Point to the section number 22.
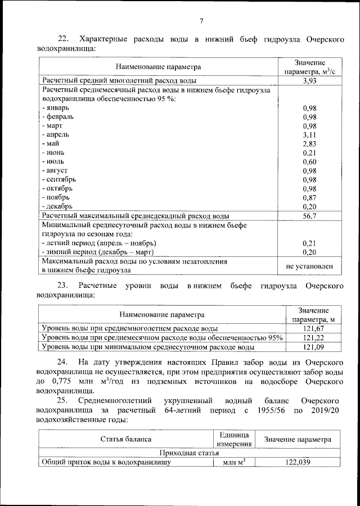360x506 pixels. tap(64, 39)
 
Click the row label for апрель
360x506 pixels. tap(57, 134)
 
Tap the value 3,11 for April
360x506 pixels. tap(310, 135)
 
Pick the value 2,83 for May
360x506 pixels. tap(310, 144)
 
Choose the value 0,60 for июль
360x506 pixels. tap(310, 162)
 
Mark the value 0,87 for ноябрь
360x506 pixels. tap(310, 197)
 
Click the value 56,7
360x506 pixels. tap(310, 216)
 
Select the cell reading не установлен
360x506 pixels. tap(310, 266)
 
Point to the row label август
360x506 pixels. tap(56, 170)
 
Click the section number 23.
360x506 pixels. tap(64, 286)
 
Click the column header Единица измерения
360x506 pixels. tap(231, 439)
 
